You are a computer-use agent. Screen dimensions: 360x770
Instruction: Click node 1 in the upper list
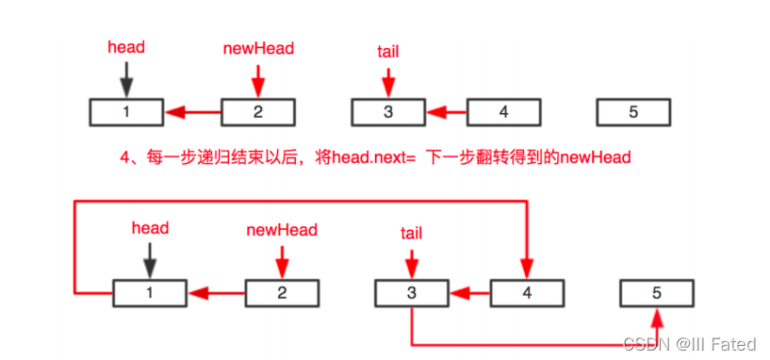(x=126, y=112)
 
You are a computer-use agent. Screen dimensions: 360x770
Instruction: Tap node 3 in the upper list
(x=388, y=112)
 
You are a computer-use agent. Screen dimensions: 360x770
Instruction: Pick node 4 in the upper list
(x=503, y=112)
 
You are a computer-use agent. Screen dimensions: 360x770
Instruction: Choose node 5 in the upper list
(x=633, y=112)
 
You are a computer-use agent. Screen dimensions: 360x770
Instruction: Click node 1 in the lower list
(x=149, y=293)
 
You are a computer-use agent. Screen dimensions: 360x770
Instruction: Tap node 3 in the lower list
(x=411, y=293)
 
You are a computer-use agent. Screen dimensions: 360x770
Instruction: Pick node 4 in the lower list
(x=527, y=293)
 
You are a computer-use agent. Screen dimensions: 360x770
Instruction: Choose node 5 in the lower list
(x=657, y=293)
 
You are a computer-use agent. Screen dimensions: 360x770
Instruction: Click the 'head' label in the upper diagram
(x=125, y=46)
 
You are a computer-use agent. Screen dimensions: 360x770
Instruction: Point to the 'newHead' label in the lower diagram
(x=282, y=229)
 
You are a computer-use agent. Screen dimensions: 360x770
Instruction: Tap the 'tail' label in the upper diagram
(x=387, y=51)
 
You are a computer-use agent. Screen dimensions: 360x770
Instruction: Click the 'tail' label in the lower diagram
(x=411, y=233)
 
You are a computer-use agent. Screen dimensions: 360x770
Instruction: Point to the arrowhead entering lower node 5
(x=657, y=315)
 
